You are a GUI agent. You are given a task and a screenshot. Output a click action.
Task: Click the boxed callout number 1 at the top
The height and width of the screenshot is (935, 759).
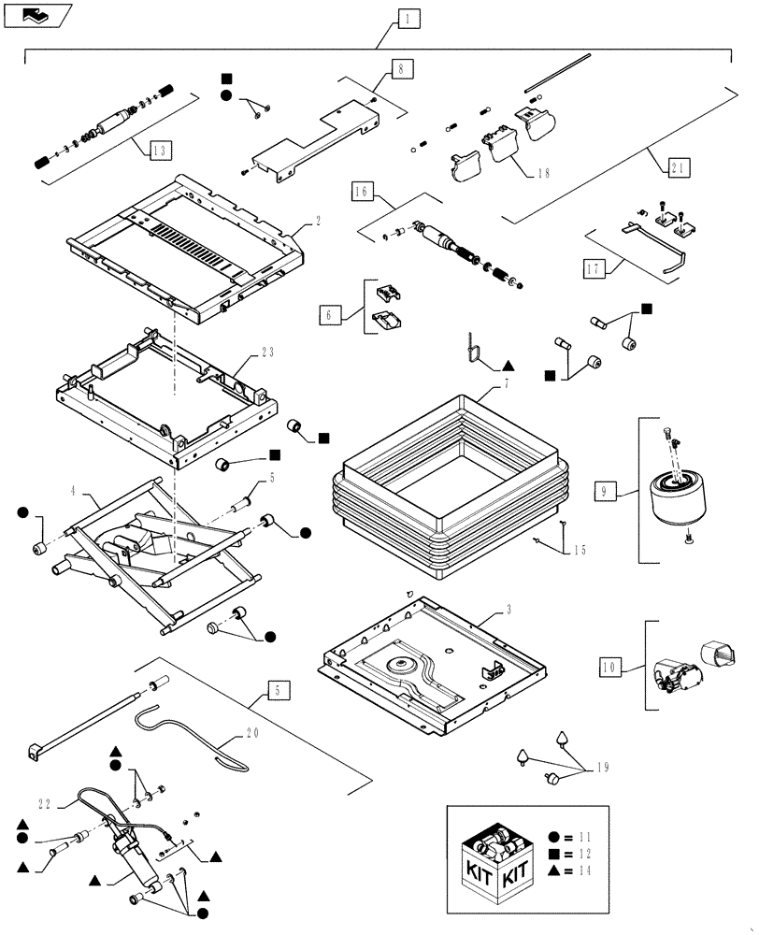[406, 17]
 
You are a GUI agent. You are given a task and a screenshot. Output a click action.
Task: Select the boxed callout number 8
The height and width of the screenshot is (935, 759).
[399, 67]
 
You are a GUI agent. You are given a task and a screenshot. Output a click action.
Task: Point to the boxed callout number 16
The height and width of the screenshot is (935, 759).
[364, 193]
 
